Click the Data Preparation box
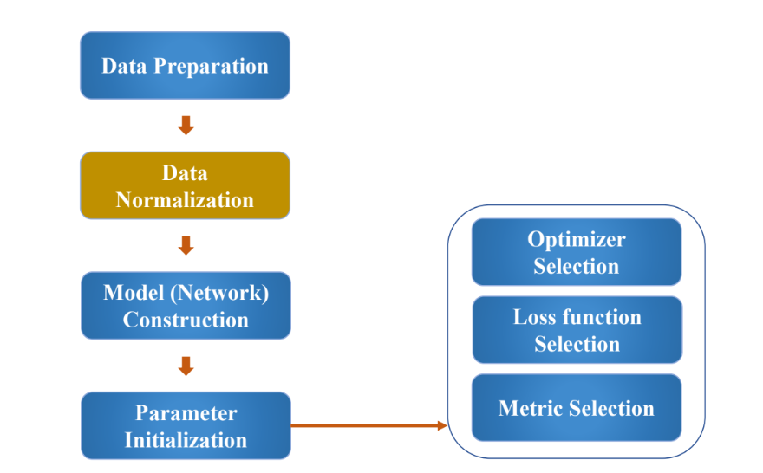tap(185, 66)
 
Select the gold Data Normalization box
tap(185, 185)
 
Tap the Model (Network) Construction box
tap(186, 306)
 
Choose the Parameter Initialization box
tap(186, 426)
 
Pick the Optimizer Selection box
tap(577, 252)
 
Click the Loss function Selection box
tap(577, 330)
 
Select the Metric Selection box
tap(577, 408)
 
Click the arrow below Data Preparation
tap(186, 126)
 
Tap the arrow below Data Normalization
tap(186, 245)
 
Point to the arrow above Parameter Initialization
tap(186, 366)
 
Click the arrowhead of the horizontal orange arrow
tap(442, 426)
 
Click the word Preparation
tap(212, 67)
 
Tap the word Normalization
tap(185, 200)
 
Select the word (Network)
tap(219, 293)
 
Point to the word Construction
tap(186, 320)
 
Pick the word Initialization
tap(186, 440)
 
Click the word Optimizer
tap(577, 240)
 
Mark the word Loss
tap(535, 317)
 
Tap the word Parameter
tap(186, 413)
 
